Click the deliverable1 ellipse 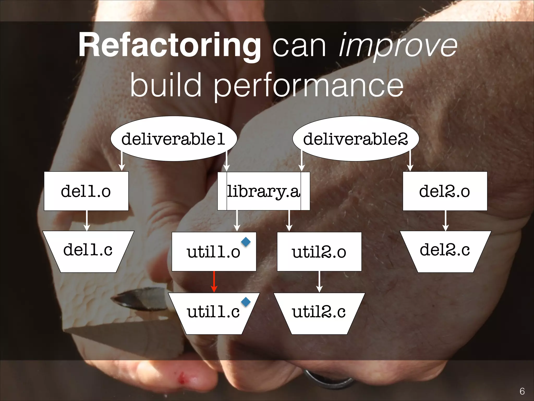174,139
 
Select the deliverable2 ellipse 356,139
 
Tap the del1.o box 86,191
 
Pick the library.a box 264,191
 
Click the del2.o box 445,191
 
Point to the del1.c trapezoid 88,251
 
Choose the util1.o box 213,252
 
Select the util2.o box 319,252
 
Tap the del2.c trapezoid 445,251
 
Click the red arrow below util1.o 214,282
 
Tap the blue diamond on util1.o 246,242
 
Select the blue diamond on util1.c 246,302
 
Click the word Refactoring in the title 170,45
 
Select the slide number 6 522,391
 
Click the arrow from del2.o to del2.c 446,221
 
